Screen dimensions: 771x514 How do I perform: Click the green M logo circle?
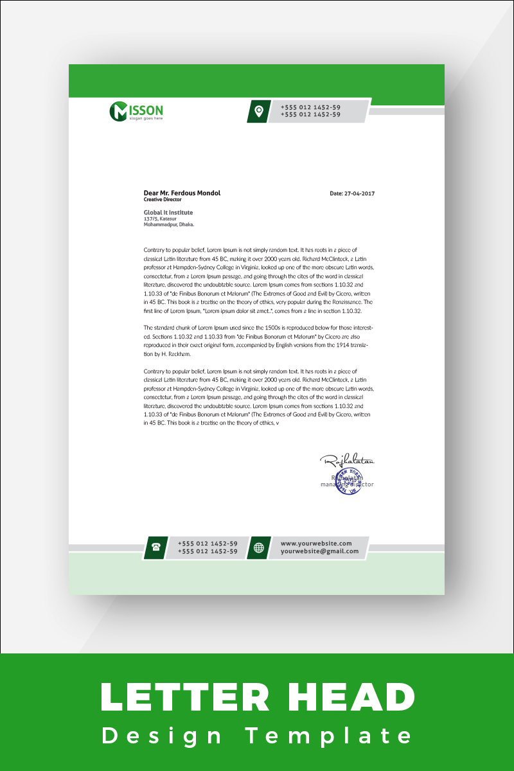pyautogui.click(x=119, y=111)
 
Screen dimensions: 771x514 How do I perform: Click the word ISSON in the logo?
pyautogui.click(x=146, y=109)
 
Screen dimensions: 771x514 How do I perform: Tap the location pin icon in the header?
pyautogui.click(x=258, y=111)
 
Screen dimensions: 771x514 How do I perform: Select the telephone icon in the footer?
pyautogui.click(x=155, y=547)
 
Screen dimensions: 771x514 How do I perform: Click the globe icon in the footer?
pyautogui.click(x=259, y=547)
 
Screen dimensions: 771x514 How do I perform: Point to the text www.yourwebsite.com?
pyautogui.click(x=316, y=544)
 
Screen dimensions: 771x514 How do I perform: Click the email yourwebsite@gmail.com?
pyautogui.click(x=319, y=551)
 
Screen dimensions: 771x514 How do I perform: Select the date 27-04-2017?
pyautogui.click(x=352, y=193)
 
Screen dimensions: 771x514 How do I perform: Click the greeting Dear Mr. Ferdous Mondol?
pyautogui.click(x=182, y=193)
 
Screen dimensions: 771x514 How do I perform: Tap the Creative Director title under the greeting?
pyautogui.click(x=163, y=200)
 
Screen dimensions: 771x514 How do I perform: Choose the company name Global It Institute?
pyautogui.click(x=168, y=212)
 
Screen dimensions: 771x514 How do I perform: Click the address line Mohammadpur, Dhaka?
pyautogui.click(x=169, y=225)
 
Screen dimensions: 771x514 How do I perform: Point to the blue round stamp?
pyautogui.click(x=348, y=481)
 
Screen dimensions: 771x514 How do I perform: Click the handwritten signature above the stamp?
pyautogui.click(x=347, y=460)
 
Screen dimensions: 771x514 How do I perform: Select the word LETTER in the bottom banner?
pyautogui.click(x=177, y=697)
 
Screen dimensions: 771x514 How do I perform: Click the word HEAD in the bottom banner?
pyautogui.click(x=354, y=697)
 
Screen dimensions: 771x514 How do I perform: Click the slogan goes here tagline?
pyautogui.click(x=146, y=118)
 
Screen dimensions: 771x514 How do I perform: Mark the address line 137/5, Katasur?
pyautogui.click(x=160, y=219)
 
